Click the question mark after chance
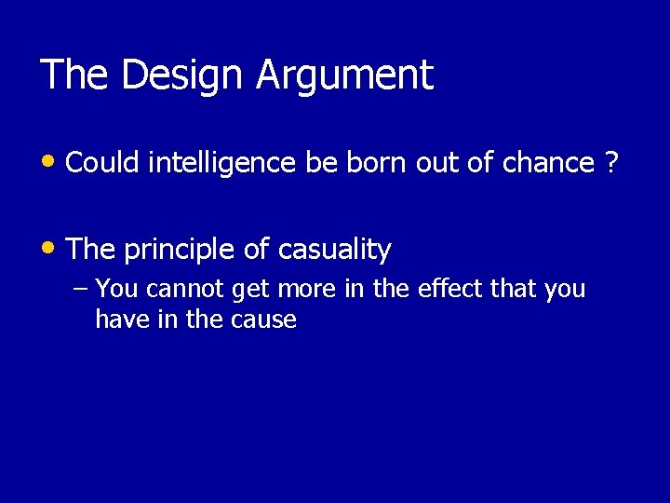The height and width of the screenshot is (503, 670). pos(611,164)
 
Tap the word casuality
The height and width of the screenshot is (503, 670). pos(332,250)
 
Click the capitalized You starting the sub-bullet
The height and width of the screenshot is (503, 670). pos(116,290)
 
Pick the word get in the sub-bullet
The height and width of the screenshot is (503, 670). pos(248,290)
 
